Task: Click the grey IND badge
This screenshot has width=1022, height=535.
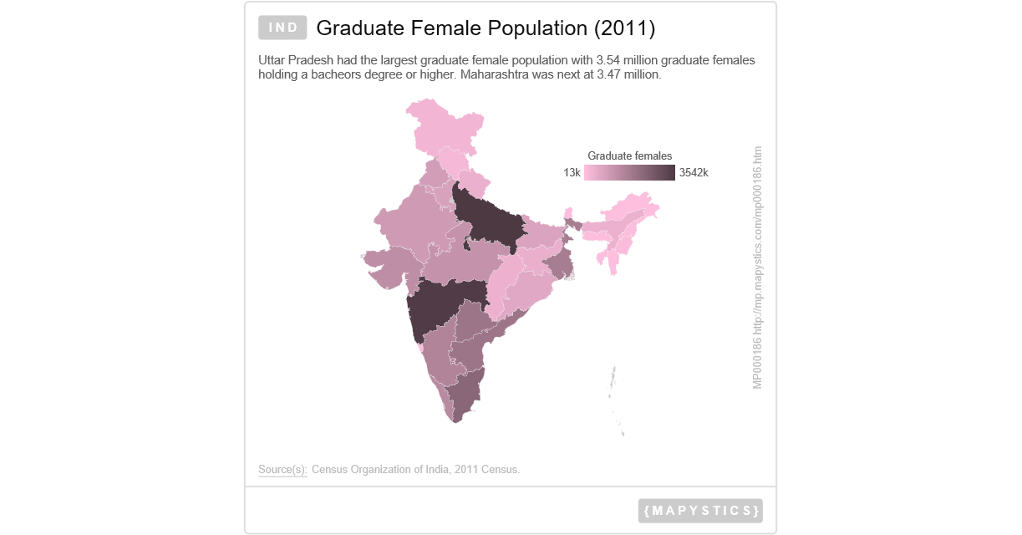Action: pos(283,28)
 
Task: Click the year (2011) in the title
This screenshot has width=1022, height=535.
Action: pos(624,28)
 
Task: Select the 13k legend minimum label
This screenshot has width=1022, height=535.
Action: pos(572,173)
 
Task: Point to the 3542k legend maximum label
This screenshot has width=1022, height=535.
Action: pos(694,173)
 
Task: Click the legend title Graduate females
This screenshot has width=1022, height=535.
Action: pos(629,156)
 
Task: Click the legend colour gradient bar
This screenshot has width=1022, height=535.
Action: pos(629,173)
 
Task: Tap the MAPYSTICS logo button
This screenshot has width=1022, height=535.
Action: pos(700,511)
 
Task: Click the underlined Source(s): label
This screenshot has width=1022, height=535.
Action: pos(282,470)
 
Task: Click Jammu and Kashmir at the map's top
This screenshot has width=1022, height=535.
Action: pos(443,125)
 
